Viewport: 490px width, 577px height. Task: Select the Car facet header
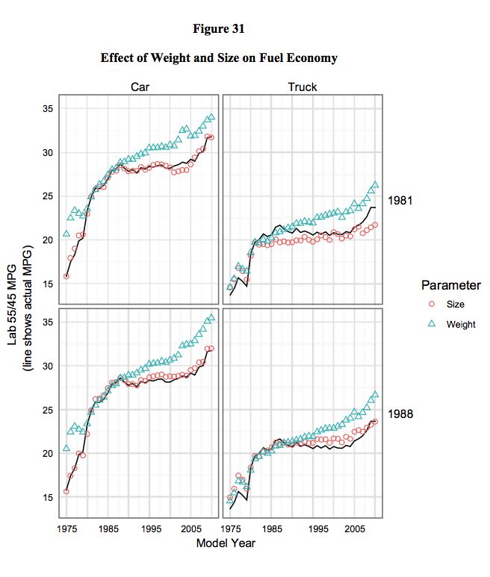coord(140,87)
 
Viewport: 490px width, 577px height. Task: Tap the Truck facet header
coord(303,87)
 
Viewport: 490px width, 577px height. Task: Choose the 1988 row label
coord(401,413)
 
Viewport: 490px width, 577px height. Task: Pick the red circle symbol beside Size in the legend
coord(431,305)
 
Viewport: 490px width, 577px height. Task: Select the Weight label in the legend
coord(461,324)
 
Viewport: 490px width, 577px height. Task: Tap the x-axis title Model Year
coord(226,543)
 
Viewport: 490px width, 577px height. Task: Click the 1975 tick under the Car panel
coord(67,528)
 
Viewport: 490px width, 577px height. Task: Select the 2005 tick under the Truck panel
coord(355,528)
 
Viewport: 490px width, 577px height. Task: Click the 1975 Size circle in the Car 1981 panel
coord(66,276)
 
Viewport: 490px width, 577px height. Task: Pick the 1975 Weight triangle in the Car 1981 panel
coord(66,234)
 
